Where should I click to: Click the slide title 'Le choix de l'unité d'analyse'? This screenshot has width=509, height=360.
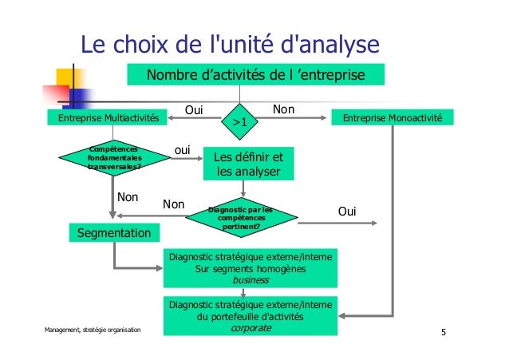(228, 45)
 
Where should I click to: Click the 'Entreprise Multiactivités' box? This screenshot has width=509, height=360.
(104, 118)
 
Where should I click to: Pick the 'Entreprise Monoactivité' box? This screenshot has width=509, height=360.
(392, 118)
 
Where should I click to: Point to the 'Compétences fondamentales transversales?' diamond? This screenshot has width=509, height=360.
(113, 158)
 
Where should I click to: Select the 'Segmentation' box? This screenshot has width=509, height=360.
(112, 233)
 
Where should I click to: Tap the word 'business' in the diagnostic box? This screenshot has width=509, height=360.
(250, 281)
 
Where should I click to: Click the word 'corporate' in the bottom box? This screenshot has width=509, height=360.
(250, 327)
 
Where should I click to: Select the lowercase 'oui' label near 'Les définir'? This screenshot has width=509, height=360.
(183, 149)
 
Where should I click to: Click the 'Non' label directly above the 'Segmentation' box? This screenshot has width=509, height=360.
(128, 196)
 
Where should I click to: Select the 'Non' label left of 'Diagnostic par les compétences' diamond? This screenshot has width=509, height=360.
(173, 205)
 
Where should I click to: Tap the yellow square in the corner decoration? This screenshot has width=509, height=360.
(63, 76)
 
